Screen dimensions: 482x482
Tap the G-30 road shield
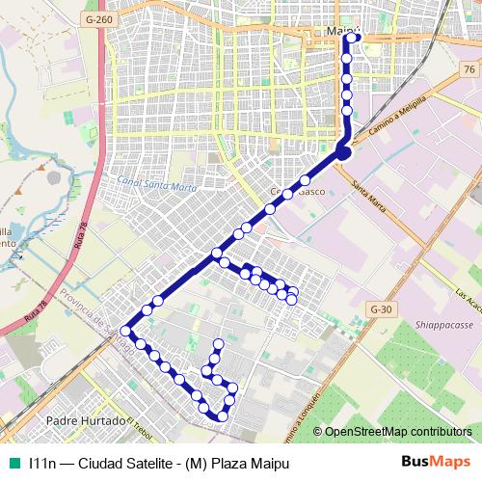(x=381, y=308)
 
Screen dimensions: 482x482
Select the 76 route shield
(x=468, y=70)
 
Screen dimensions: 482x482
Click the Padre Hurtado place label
(x=86, y=422)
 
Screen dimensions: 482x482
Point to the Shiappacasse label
(x=444, y=325)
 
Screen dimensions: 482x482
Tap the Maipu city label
(x=343, y=32)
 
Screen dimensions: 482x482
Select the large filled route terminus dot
(x=344, y=150)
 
